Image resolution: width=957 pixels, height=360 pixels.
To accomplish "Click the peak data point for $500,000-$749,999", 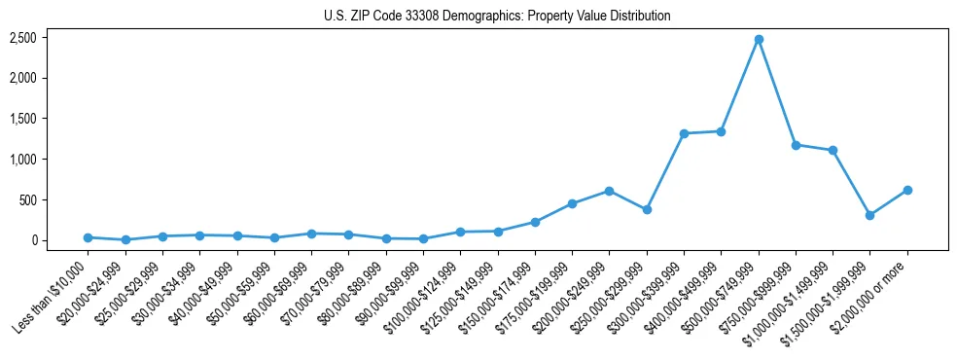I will pos(759,39).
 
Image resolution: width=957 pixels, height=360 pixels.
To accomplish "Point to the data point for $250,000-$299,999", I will pos(647,209).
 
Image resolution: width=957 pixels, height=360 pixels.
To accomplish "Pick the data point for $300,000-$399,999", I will pos(684,133).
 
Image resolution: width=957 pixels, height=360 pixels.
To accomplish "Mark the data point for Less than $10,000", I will pos(88,237).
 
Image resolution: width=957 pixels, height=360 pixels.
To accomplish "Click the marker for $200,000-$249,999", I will pos(609,191).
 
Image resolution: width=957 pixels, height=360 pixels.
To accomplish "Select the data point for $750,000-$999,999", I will pos(796,145).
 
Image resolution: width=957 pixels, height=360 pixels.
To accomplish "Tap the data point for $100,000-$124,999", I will pos(460,232).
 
